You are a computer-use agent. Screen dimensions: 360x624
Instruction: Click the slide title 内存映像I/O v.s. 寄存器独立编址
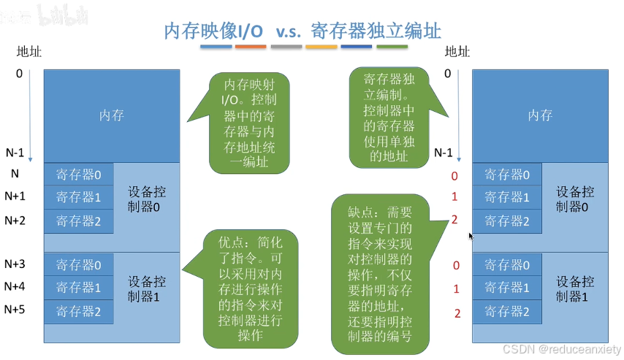(303, 31)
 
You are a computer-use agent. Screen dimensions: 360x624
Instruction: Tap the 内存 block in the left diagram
(112, 115)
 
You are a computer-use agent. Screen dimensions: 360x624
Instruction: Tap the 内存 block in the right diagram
(540, 115)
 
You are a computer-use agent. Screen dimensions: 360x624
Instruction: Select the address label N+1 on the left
(15, 196)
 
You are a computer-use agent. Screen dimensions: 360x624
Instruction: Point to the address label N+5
(15, 309)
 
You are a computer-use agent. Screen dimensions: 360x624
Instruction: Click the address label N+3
(15, 264)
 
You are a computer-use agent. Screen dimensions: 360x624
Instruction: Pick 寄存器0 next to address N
(79, 175)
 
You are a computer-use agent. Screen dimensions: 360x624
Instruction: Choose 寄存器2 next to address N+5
(79, 311)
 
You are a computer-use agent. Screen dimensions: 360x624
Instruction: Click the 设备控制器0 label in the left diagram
(147, 199)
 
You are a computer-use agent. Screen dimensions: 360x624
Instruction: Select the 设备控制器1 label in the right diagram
(575, 289)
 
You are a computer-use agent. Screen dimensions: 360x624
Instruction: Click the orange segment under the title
(251, 47)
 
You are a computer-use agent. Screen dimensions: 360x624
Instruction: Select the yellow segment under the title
(321, 47)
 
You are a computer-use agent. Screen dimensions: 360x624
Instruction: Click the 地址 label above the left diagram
(28, 52)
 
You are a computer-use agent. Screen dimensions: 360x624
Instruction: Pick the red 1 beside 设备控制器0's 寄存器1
(455, 197)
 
